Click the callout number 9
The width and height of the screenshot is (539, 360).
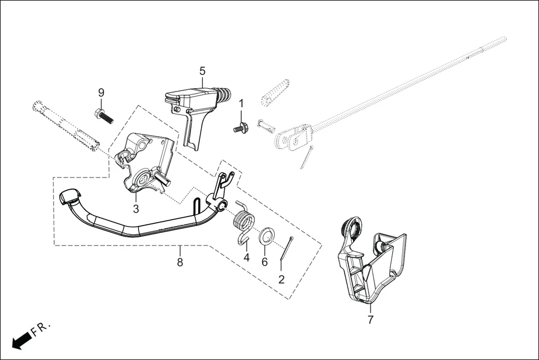click(x=101, y=92)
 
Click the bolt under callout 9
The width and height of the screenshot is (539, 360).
click(x=104, y=116)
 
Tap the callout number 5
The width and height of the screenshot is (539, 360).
click(x=202, y=71)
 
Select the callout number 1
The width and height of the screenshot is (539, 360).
click(x=241, y=103)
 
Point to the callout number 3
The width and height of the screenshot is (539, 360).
click(x=136, y=209)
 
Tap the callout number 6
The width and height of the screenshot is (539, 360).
click(x=265, y=262)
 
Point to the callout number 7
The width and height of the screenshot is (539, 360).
click(x=370, y=320)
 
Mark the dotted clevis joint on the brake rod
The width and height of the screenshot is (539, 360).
click(x=293, y=137)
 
